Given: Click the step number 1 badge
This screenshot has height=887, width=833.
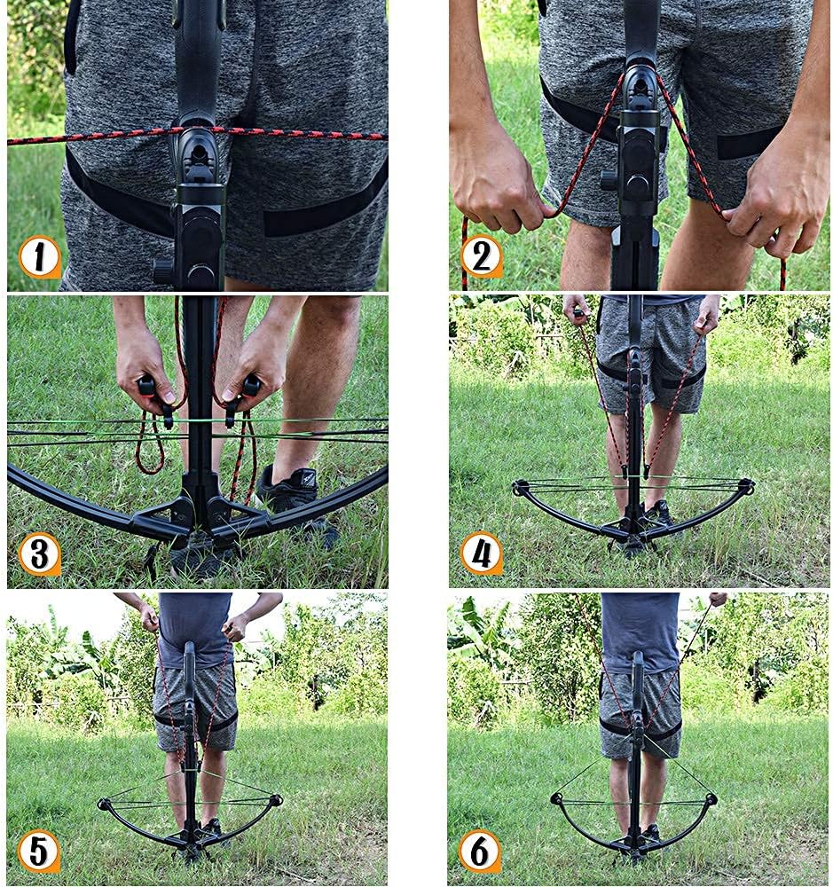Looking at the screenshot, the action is click(x=40, y=257).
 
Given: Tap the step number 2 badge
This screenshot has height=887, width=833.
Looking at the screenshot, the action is click(x=482, y=257).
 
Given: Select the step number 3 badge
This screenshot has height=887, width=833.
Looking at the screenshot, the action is click(x=40, y=554).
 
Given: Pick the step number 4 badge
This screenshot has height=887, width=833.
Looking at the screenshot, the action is click(x=482, y=553).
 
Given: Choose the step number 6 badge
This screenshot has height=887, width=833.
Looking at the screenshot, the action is click(x=480, y=851).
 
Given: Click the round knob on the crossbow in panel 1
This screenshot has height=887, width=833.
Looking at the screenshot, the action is click(x=163, y=271).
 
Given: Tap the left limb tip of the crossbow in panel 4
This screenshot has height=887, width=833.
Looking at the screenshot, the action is click(x=518, y=488).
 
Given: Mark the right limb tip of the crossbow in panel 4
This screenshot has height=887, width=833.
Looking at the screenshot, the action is click(x=747, y=485).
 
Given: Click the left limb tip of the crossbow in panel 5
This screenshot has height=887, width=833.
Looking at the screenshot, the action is click(x=104, y=804).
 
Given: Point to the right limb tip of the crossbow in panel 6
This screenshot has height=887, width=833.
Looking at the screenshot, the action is click(x=711, y=799).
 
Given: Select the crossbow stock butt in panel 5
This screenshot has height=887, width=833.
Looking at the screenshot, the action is click(x=191, y=659).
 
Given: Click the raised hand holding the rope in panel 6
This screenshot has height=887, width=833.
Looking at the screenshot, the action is click(x=718, y=599).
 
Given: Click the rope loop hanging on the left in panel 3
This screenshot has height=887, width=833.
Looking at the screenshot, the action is click(x=149, y=444).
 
